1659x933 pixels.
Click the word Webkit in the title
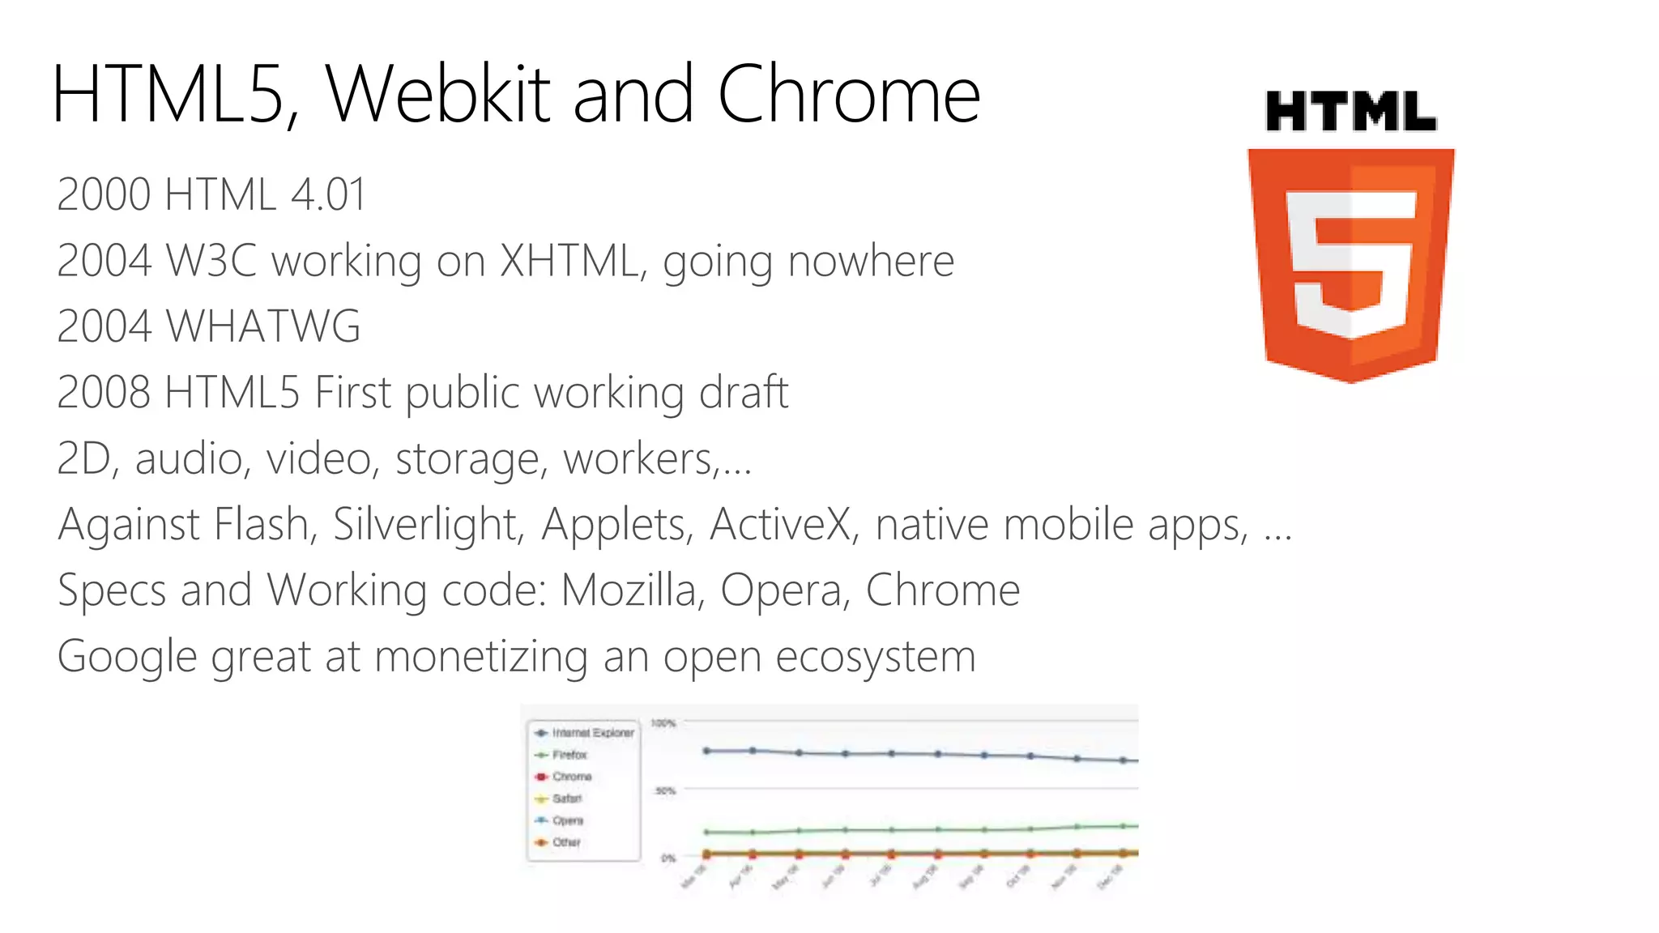tap(438, 95)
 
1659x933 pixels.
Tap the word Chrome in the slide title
tap(849, 95)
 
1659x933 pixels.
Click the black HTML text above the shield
tap(1350, 112)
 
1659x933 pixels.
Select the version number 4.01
tap(328, 195)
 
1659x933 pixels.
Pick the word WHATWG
tap(263, 326)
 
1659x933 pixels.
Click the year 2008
tap(104, 393)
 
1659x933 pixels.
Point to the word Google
tap(127, 656)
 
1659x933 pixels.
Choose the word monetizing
tap(481, 656)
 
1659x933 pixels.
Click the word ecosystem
tap(876, 656)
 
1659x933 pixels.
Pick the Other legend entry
tap(566, 842)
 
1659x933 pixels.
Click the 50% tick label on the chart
tap(665, 790)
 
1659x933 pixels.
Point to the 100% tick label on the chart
tap(663, 723)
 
